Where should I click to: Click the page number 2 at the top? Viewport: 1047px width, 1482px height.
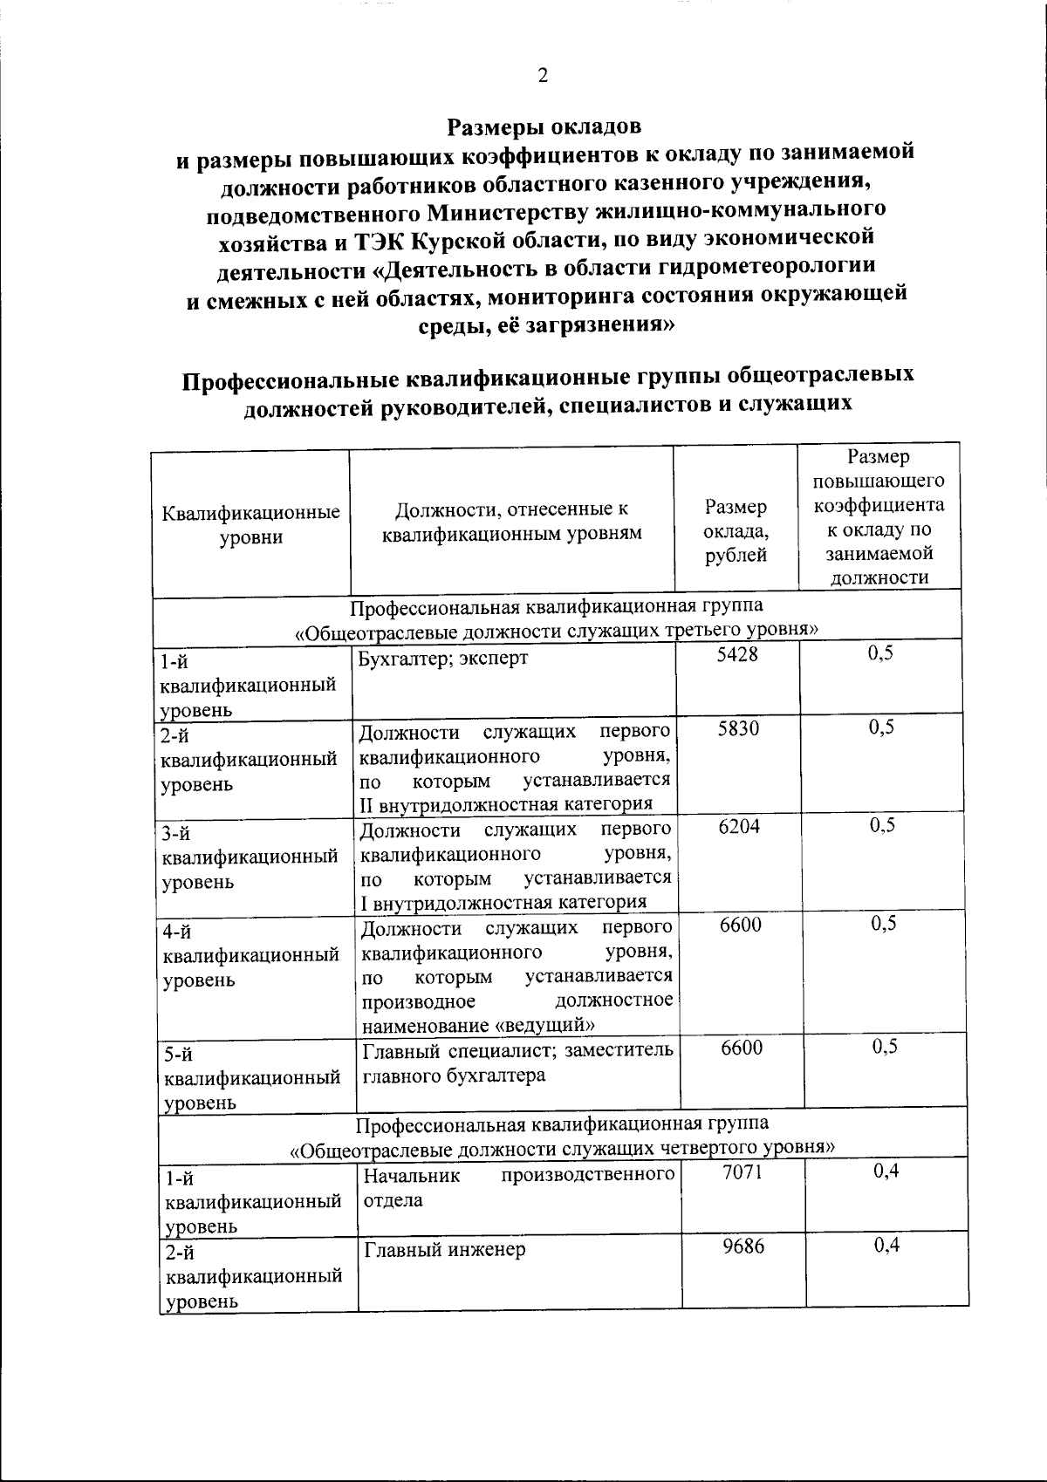tap(542, 76)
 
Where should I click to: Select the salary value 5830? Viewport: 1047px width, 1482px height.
tap(738, 728)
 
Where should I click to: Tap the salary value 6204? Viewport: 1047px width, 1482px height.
tap(739, 826)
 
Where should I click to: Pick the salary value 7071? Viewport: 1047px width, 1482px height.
tap(742, 1171)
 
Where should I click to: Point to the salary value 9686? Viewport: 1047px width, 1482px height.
tap(743, 1246)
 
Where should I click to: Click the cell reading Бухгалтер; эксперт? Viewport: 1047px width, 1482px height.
tap(444, 658)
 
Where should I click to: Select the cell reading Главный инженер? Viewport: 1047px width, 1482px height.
tap(445, 1250)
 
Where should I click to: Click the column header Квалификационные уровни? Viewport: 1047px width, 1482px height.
tap(251, 524)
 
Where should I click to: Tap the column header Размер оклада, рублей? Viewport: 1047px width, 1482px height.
tap(736, 530)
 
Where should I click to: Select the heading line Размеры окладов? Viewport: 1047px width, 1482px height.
tap(544, 126)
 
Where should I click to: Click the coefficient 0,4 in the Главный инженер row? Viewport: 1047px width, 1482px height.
tap(886, 1246)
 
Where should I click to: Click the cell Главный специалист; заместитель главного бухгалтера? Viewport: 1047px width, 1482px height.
tap(517, 1062)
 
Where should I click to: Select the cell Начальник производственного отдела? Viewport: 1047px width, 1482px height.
tap(519, 1187)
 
